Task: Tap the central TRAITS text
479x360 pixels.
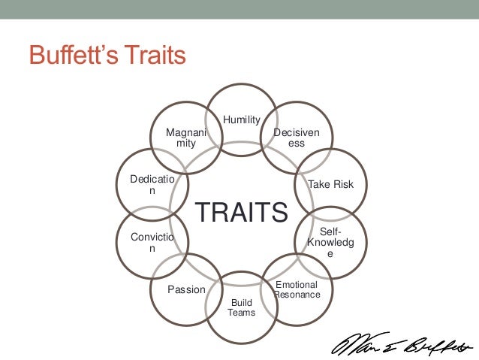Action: coord(242,212)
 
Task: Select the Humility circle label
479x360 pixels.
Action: coord(241,119)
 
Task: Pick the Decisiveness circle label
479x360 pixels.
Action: coord(297,138)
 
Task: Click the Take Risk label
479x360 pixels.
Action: coord(330,184)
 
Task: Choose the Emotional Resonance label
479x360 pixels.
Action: coord(297,290)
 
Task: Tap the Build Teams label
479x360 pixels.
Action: coord(241,307)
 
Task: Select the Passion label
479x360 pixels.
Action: coord(186,289)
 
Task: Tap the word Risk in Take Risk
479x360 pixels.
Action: coord(342,184)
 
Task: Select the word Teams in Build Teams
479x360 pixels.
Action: coord(241,313)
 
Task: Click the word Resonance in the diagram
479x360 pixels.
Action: coord(297,295)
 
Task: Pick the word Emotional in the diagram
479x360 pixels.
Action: coord(297,285)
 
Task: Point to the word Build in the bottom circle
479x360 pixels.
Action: coord(241,302)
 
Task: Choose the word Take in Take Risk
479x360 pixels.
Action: coord(319,184)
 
